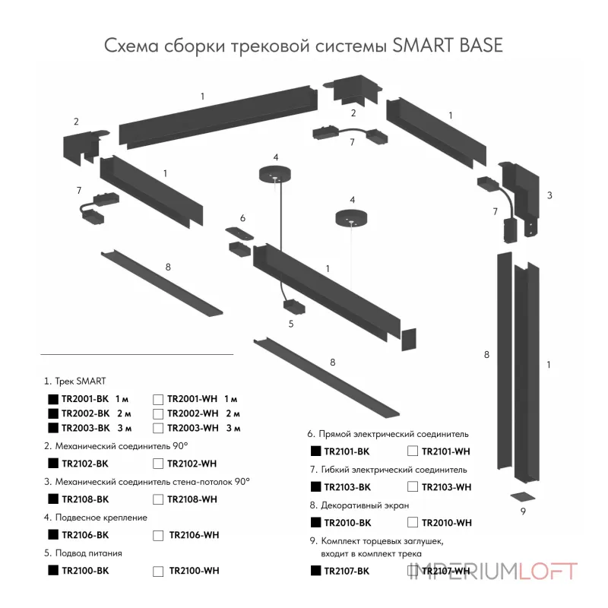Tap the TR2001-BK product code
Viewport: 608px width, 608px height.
pyautogui.click(x=85, y=398)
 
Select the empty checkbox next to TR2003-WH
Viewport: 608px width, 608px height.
pyautogui.click(x=157, y=428)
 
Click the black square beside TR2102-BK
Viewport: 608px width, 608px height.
pyautogui.click(x=52, y=463)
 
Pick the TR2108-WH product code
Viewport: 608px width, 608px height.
pyautogui.click(x=192, y=499)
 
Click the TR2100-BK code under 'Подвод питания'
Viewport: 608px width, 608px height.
pyautogui.click(x=85, y=570)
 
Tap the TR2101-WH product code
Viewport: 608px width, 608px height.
pyautogui.click(x=445, y=451)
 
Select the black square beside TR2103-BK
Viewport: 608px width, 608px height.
pyautogui.click(x=315, y=486)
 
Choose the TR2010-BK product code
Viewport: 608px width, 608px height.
pyautogui.click(x=347, y=523)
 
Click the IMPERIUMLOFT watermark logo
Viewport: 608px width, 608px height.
pyautogui.click(x=493, y=572)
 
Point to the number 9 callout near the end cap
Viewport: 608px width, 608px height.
pyautogui.click(x=523, y=511)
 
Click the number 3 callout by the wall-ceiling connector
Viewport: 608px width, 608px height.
pyautogui.click(x=549, y=195)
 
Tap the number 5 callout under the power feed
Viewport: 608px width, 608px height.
pyautogui.click(x=290, y=323)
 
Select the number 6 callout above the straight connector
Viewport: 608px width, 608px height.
pyautogui.click(x=242, y=218)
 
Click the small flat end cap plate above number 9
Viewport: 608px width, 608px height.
pyautogui.click(x=521, y=496)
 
